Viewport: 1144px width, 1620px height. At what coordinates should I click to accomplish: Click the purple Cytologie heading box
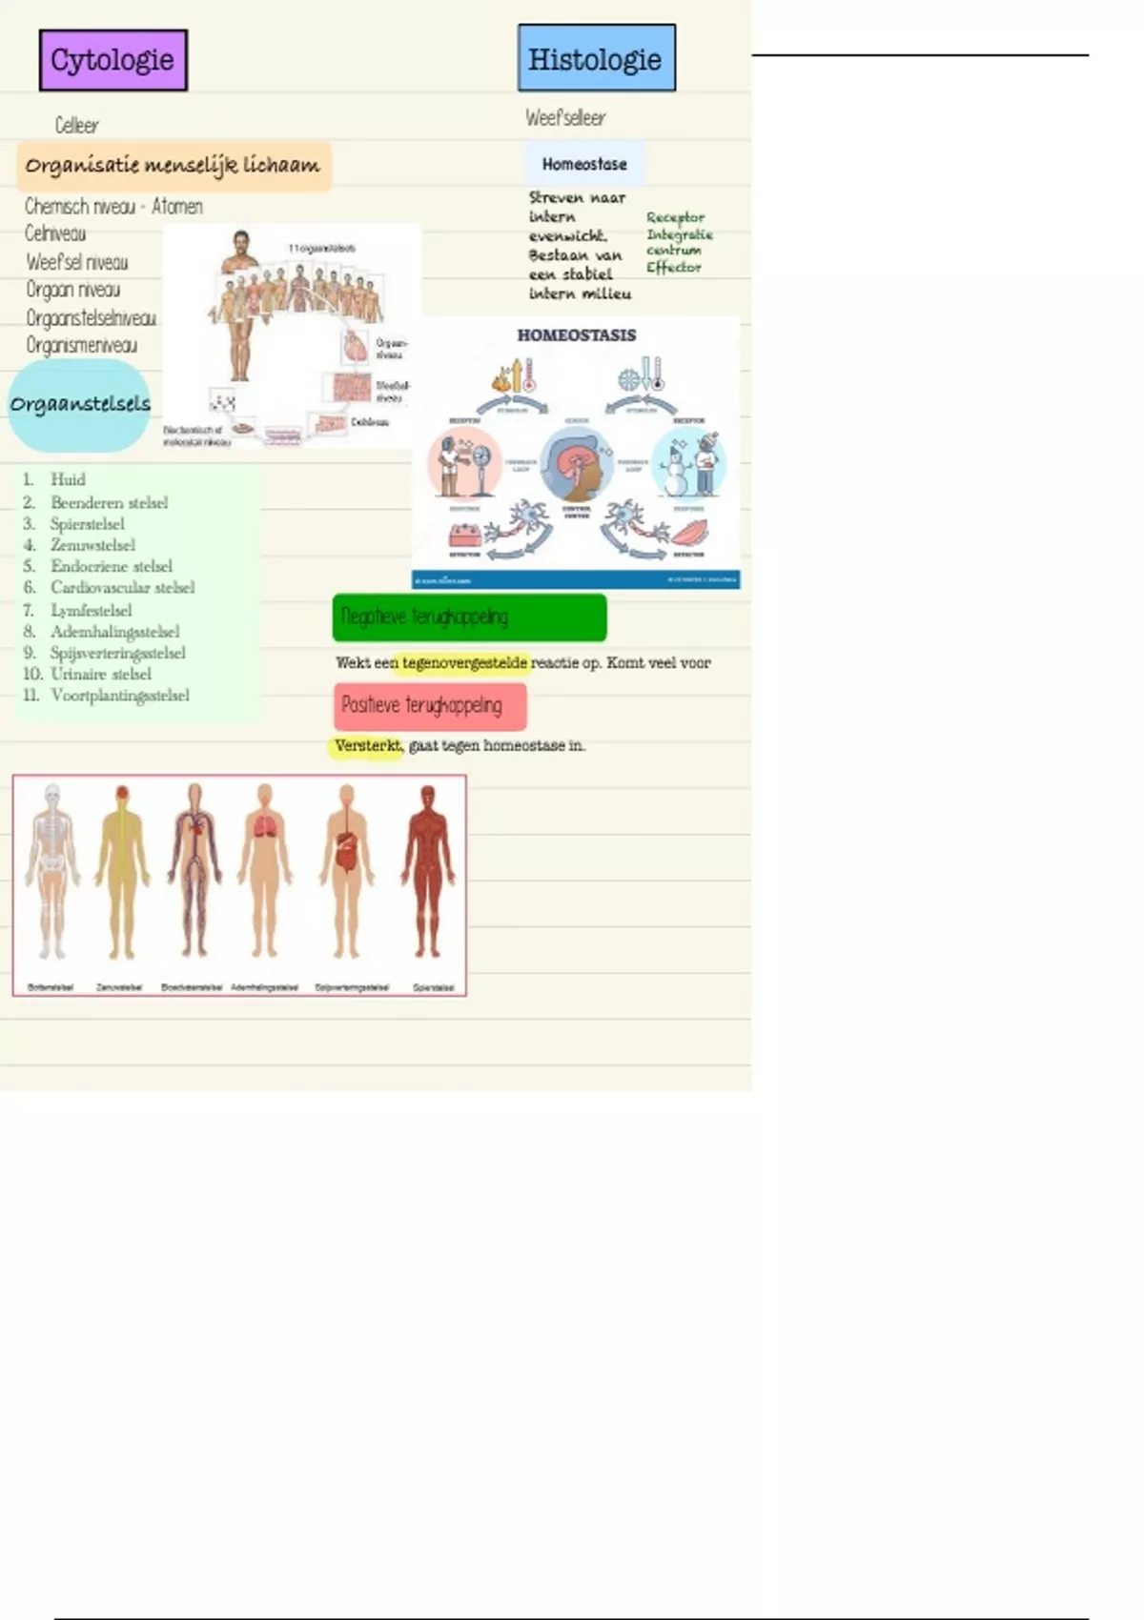point(112,60)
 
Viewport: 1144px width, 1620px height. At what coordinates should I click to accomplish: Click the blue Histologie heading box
point(596,59)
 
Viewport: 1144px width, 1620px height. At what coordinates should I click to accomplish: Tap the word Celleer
point(76,125)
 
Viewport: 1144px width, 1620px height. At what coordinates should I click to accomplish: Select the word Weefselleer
point(565,118)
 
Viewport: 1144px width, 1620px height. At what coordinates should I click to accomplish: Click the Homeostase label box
point(584,164)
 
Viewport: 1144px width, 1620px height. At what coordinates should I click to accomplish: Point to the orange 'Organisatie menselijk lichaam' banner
point(173,166)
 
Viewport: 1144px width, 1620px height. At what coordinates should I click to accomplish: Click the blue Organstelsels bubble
point(80,404)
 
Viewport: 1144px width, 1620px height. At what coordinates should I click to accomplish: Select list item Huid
point(68,479)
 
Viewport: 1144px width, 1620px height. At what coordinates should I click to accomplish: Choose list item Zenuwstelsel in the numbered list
point(92,545)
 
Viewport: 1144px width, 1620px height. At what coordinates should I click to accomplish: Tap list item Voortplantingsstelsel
point(119,695)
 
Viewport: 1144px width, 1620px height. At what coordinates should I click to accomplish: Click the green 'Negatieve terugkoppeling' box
point(469,618)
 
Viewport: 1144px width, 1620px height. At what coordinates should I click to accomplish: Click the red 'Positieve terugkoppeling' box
point(430,705)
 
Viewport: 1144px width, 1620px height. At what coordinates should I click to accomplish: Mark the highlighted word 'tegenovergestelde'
point(464,662)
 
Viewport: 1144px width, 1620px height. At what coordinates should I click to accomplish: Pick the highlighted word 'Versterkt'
point(368,745)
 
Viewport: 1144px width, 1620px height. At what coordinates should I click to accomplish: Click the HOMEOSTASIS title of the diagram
point(576,335)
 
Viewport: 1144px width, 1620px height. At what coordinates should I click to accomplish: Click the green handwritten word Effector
point(673,268)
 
